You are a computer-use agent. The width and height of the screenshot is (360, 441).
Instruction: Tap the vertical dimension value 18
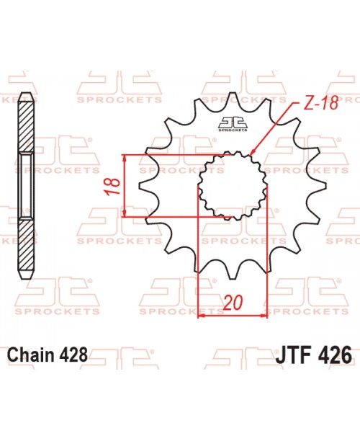coord(112,185)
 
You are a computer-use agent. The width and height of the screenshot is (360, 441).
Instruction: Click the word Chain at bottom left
coord(32,355)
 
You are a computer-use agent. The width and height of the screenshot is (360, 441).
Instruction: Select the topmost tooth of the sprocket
coord(232,97)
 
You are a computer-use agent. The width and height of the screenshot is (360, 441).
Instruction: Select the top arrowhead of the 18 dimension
coord(126,157)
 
